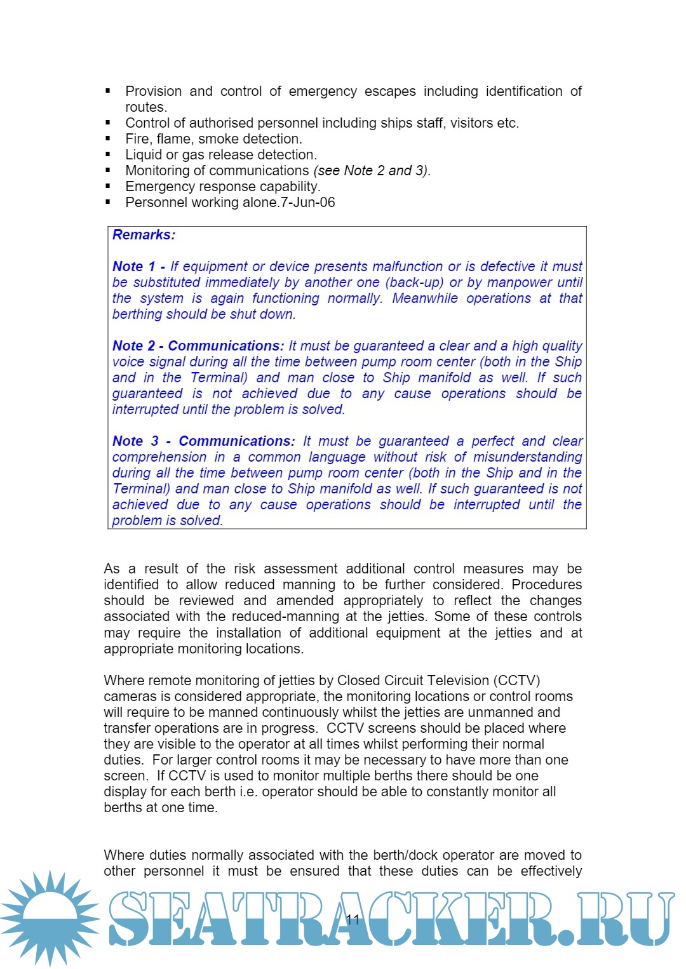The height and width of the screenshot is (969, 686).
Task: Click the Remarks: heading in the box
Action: [144, 235]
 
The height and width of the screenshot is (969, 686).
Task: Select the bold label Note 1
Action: [133, 267]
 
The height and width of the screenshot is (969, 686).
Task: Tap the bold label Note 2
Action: [133, 346]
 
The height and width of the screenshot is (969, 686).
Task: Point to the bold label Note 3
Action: [135, 441]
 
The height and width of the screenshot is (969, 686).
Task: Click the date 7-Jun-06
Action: [308, 203]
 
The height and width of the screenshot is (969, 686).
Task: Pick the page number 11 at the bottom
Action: [353, 919]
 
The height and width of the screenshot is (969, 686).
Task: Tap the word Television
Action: [449, 681]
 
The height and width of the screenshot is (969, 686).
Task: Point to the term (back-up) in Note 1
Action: [414, 283]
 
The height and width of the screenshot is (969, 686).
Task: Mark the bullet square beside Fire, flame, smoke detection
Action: [108, 138]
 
